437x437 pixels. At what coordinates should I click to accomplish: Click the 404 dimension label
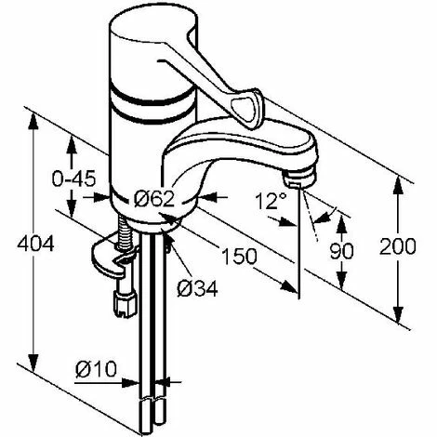(35, 245)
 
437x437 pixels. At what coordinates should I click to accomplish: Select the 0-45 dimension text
(73, 179)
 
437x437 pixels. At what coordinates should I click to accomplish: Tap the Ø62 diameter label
(154, 199)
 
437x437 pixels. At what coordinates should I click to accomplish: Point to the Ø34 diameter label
(197, 289)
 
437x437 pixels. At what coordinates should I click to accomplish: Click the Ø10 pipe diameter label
(96, 369)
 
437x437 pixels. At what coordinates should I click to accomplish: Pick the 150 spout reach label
(239, 256)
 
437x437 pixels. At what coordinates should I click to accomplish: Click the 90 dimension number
(341, 251)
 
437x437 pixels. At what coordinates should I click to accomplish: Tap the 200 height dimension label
(397, 246)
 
